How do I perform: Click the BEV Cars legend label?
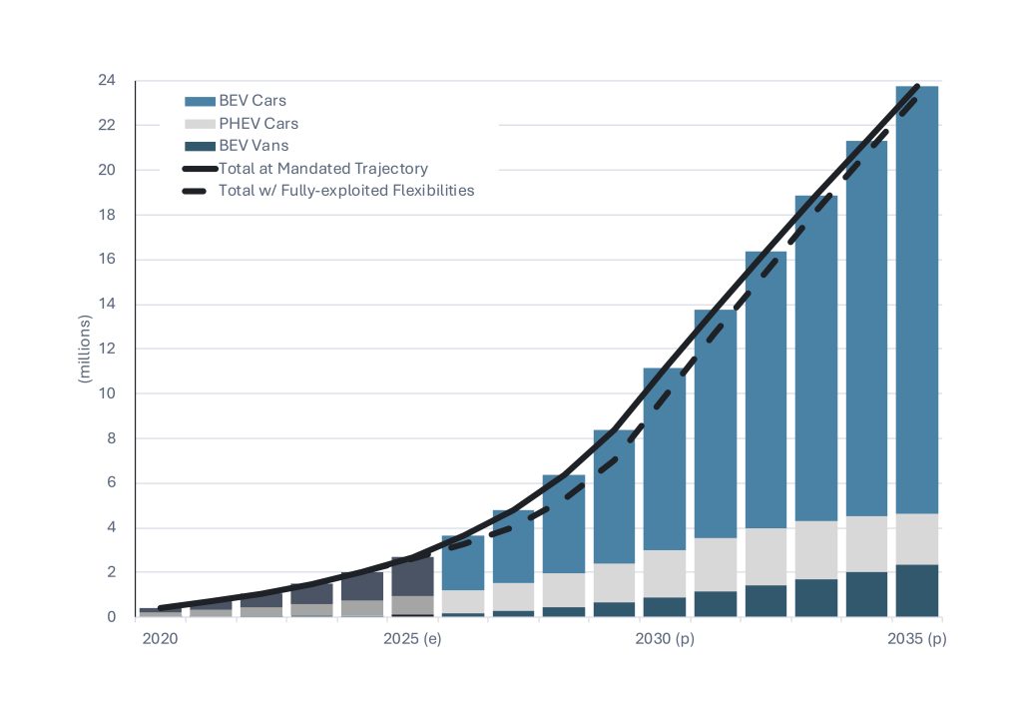pyautogui.click(x=253, y=101)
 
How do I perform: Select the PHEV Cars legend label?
pyautogui.click(x=257, y=124)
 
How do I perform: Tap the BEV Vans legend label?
pyautogui.click(x=254, y=146)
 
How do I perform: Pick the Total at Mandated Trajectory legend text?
pyautogui.click(x=322, y=169)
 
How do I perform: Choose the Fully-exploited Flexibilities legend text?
pyautogui.click(x=345, y=190)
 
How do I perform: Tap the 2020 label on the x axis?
pyautogui.click(x=160, y=638)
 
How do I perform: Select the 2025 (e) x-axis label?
pyautogui.click(x=412, y=638)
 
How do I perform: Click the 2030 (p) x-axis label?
pyautogui.click(x=665, y=638)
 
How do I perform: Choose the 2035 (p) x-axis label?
pyautogui.click(x=916, y=638)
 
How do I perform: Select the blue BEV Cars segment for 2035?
pyautogui.click(x=916, y=300)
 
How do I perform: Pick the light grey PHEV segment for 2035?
pyautogui.click(x=916, y=539)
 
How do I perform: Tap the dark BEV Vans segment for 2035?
pyautogui.click(x=916, y=591)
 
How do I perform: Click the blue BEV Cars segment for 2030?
pyautogui.click(x=664, y=459)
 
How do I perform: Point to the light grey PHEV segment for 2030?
pyautogui.click(x=664, y=573)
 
